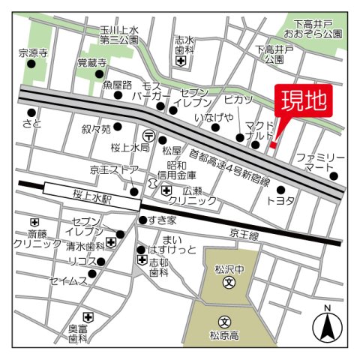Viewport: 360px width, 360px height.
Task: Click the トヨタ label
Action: click(280, 202)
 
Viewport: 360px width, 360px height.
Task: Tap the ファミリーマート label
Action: click(319, 163)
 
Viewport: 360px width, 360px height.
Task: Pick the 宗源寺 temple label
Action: click(32, 53)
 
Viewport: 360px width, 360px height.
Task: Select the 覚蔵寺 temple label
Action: click(91, 63)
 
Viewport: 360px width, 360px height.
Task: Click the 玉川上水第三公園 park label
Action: click(119, 35)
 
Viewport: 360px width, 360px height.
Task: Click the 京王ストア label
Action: click(113, 170)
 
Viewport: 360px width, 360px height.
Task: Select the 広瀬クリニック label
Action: click(192, 196)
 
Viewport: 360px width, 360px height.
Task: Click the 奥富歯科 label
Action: click(78, 333)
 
